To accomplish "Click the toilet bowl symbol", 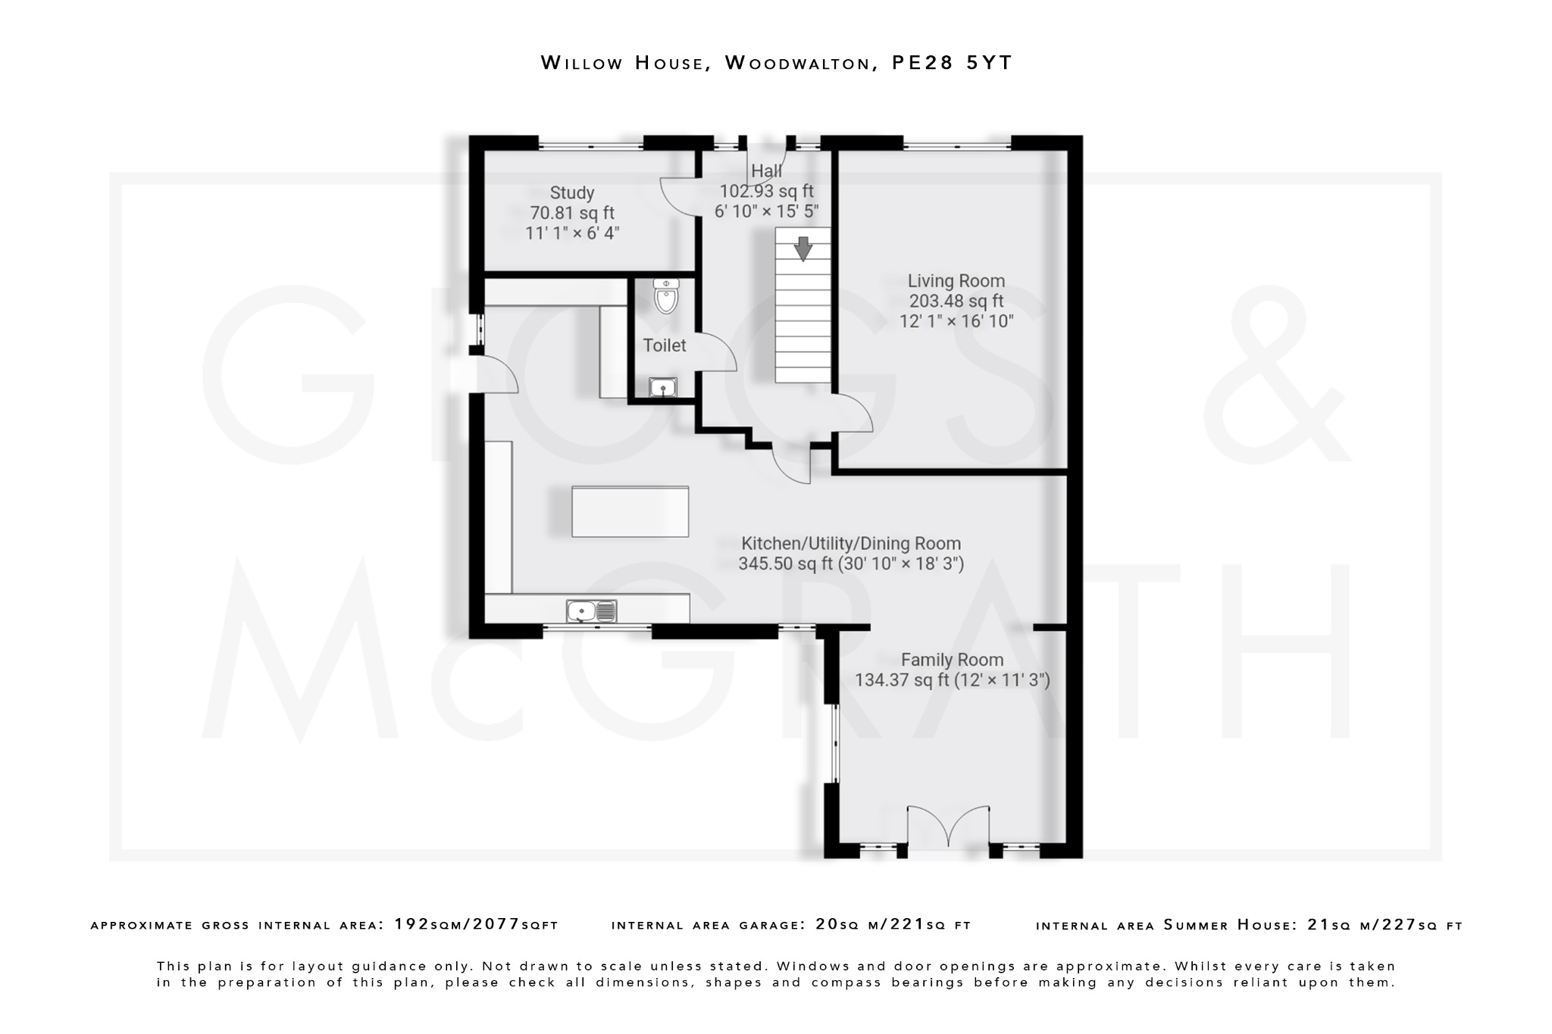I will [x=665, y=297].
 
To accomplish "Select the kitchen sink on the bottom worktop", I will [x=591, y=611].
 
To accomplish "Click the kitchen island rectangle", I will [x=630, y=512].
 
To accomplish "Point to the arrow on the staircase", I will [x=803, y=248].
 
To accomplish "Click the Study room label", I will [x=572, y=193].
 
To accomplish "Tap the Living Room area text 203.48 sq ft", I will [x=956, y=301].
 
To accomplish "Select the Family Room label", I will [x=952, y=661].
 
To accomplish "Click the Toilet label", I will [x=665, y=345].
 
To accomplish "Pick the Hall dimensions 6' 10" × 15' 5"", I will [x=766, y=211].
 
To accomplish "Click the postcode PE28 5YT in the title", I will [x=951, y=63].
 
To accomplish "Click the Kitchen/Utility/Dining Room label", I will [x=850, y=544].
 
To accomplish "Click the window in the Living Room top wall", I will [x=956, y=145].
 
